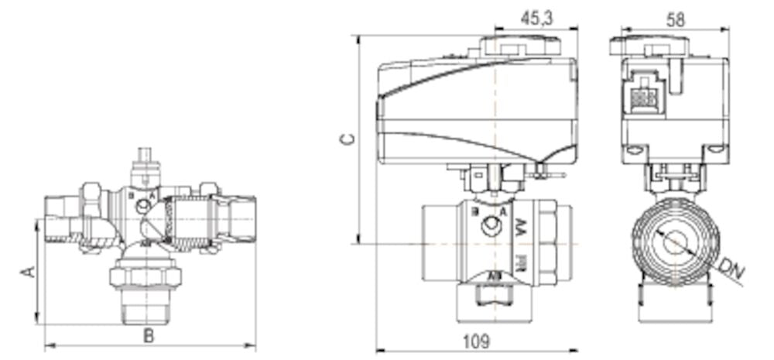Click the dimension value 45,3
tap(536, 19)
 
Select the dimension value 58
tap(676, 19)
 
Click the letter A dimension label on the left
tap(27, 272)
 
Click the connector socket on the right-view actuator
tap(641, 98)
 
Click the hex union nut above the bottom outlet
tap(146, 276)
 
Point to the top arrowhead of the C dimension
tap(358, 38)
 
